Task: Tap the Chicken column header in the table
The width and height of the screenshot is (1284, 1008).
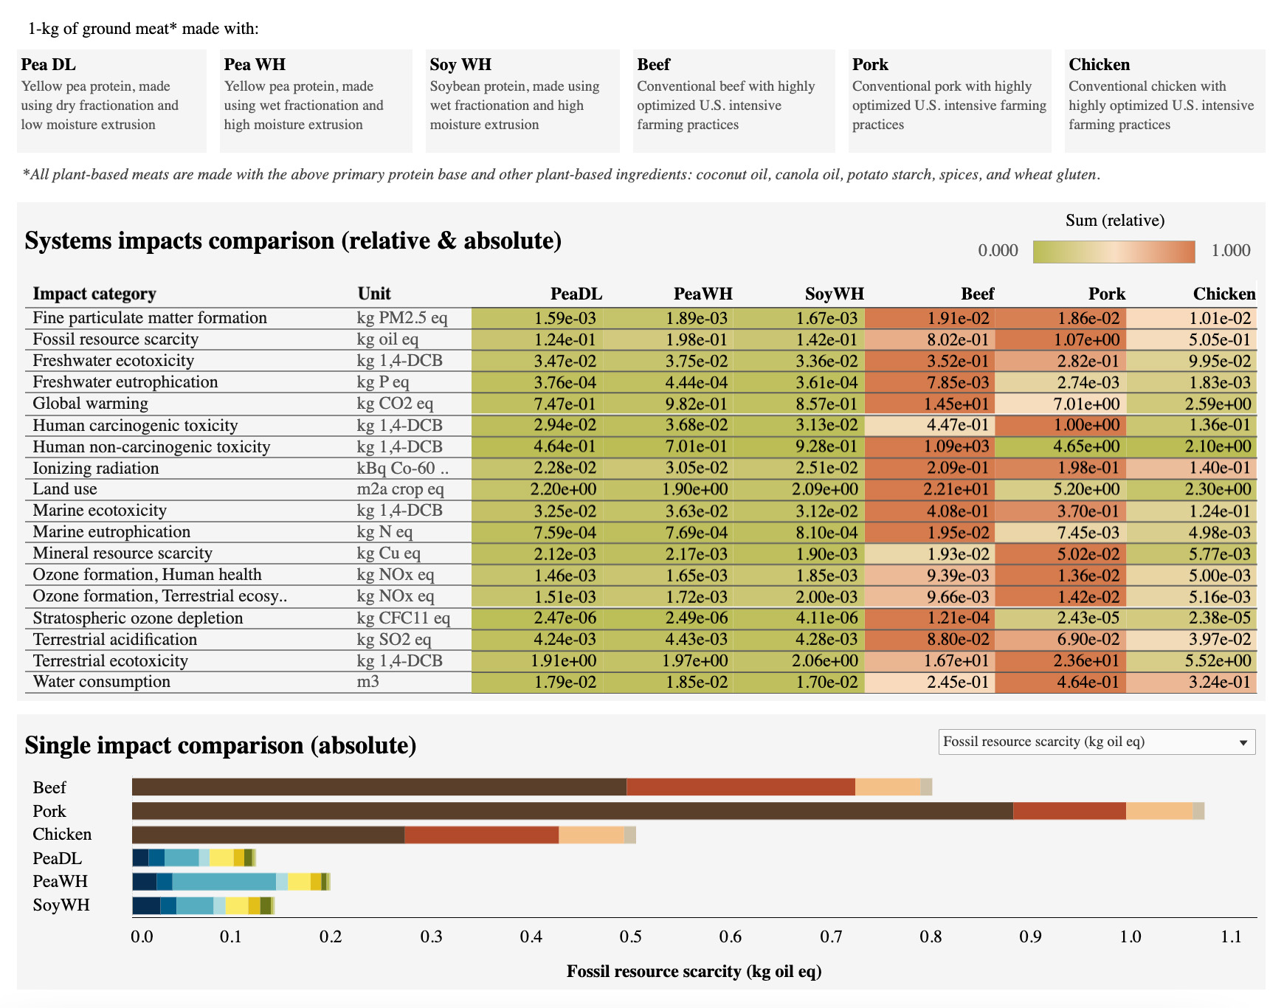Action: coord(1223,294)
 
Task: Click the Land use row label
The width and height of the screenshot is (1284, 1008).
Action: coord(65,489)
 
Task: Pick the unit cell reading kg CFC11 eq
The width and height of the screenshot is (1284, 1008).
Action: coord(403,618)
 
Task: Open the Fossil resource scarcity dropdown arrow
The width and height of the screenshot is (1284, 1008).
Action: coord(1243,742)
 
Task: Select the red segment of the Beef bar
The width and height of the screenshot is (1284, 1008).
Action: coord(740,787)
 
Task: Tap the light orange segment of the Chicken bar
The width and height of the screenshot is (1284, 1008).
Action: coord(591,835)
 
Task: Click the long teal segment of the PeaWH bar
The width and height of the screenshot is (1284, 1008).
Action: coord(224,882)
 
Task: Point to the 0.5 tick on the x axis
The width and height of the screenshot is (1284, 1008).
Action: coord(630,937)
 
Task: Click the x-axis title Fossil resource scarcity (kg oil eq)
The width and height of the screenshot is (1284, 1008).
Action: coord(694,972)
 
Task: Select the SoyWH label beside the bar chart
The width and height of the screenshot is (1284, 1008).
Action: coord(61,905)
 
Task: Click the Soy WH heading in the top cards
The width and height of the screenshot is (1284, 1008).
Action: coord(460,65)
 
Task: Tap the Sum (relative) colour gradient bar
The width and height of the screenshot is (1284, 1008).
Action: coord(1114,252)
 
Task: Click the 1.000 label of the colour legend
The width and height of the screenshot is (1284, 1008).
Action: coord(1230,251)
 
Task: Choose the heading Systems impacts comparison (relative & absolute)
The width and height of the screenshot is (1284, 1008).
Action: coord(293,241)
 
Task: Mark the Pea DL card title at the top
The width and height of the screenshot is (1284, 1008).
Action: coord(49,65)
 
